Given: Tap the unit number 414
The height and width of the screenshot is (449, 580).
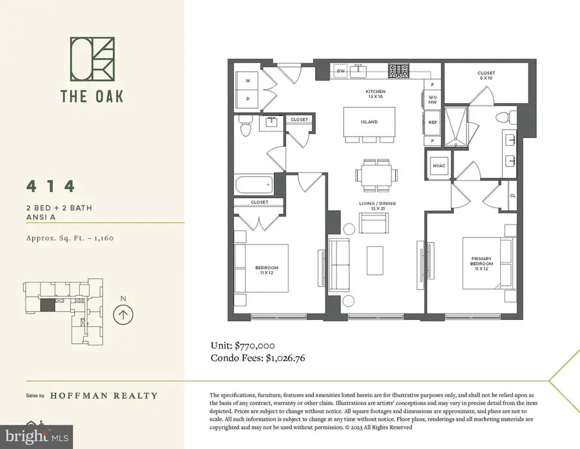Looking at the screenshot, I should pyautogui.click(x=51, y=187).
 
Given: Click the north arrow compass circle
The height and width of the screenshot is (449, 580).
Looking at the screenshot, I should pyautogui.click(x=122, y=314).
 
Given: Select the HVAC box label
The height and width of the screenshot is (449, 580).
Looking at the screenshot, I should pyautogui.click(x=440, y=166).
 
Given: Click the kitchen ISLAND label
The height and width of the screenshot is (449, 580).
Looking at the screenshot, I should pyautogui.click(x=369, y=122).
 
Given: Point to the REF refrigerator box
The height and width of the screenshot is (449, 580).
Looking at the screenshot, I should pyautogui.click(x=432, y=122).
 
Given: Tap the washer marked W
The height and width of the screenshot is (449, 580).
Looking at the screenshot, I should pyautogui.click(x=248, y=81).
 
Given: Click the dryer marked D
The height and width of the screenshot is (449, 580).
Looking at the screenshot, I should pyautogui.click(x=248, y=99).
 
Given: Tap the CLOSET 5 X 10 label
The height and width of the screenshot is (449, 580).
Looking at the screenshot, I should pyautogui.click(x=486, y=75).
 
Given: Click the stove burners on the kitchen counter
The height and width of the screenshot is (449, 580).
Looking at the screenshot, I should pyautogui.click(x=403, y=68).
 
